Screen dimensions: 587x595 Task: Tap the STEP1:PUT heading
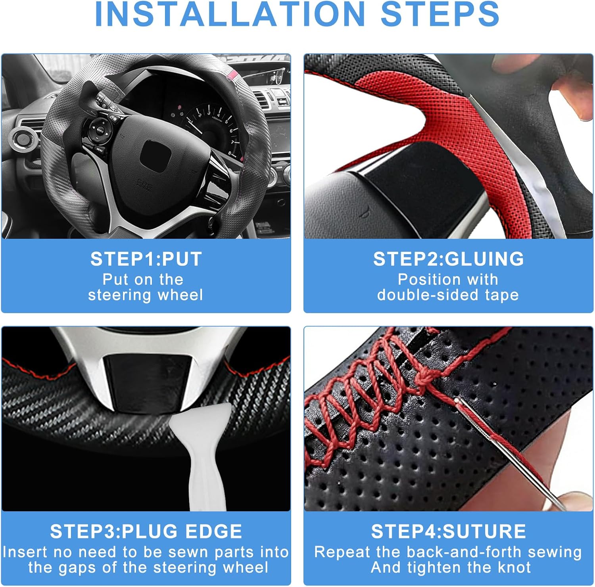coord(146,259)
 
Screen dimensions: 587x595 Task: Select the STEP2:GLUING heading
coord(448,259)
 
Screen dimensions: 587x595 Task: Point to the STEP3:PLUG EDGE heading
coord(146,531)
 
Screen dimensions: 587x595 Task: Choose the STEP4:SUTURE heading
coord(448,531)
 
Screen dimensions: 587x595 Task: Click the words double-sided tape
coord(448,295)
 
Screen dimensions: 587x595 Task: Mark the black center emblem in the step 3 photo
coord(146,381)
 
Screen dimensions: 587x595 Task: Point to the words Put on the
coord(143,280)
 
